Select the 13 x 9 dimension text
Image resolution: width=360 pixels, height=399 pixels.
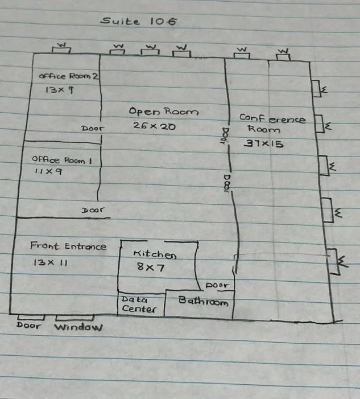(x=56, y=90)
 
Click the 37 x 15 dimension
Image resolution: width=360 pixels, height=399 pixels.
(x=263, y=143)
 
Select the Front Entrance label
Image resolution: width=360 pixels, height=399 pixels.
(x=68, y=246)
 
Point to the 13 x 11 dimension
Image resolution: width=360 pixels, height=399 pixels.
(x=49, y=262)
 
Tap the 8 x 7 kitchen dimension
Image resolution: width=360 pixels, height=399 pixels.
(x=150, y=266)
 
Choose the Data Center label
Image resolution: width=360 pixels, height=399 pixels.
(x=139, y=305)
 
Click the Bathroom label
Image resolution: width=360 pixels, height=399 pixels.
(x=203, y=301)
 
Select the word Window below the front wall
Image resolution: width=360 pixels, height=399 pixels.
(x=78, y=327)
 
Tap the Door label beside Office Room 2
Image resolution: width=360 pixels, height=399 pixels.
(x=93, y=129)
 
